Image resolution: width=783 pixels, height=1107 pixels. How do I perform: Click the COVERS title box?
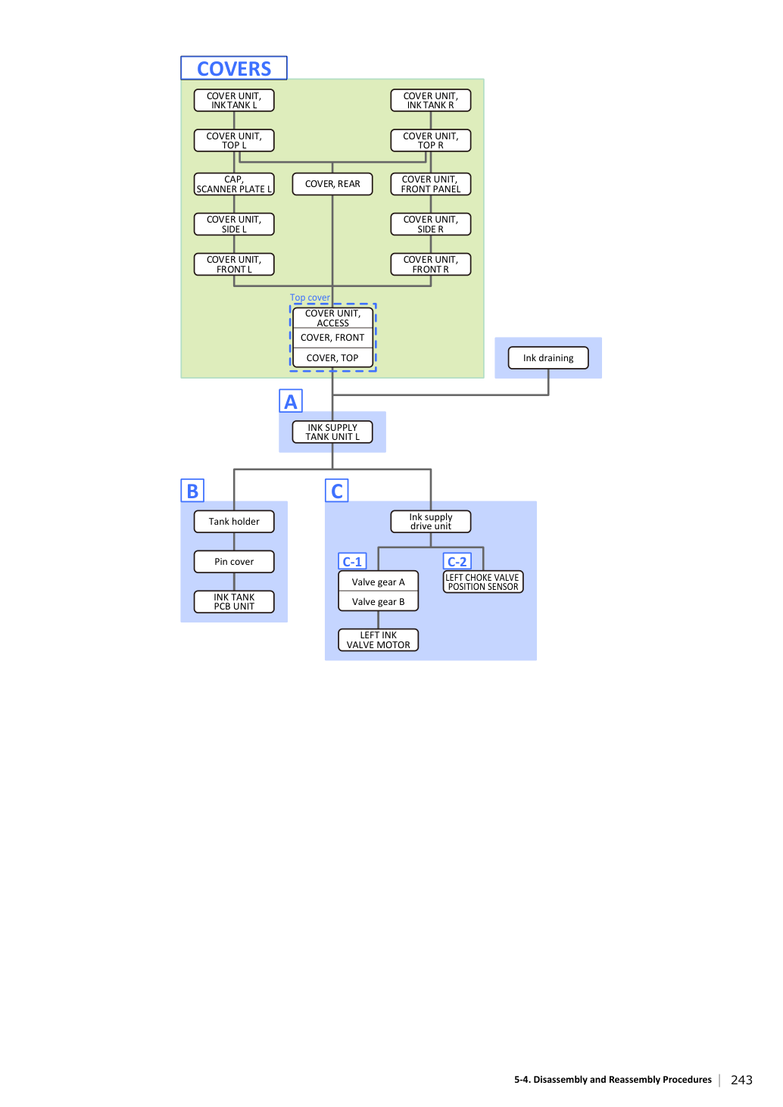coord(234,67)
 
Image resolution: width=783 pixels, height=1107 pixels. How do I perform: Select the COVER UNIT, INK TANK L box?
coord(234,100)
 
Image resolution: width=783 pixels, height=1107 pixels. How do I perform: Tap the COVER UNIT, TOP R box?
coord(431,140)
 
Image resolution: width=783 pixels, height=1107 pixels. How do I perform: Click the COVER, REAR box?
coord(332,184)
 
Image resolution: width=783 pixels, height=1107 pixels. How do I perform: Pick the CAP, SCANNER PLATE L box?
coord(234,184)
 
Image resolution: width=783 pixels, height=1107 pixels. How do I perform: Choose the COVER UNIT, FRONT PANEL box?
coord(431,184)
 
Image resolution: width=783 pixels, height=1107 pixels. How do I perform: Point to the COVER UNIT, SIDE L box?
coord(234,224)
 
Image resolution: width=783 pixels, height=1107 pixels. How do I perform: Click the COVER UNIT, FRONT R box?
coord(431,264)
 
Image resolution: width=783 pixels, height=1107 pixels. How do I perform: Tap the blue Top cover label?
coord(310,297)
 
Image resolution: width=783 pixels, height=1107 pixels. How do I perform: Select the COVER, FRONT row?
coord(332,338)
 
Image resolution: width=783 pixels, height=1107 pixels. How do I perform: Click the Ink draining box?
coord(548,358)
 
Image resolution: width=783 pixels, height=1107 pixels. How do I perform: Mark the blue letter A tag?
coord(291,401)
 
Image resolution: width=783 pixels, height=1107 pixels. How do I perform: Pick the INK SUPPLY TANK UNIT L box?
coord(332,432)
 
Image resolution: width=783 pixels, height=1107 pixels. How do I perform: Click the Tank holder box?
coord(234,522)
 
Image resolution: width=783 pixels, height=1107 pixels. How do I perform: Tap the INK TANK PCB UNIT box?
coord(234,601)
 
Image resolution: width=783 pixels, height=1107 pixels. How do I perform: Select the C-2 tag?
coord(457,561)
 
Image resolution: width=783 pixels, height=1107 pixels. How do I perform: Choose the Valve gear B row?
coord(378,601)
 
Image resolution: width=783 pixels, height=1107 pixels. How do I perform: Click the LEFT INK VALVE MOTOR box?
coord(378,640)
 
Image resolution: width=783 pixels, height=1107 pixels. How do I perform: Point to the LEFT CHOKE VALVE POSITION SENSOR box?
coord(483,582)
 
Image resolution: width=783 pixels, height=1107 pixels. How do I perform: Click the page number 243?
coord(741,1080)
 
